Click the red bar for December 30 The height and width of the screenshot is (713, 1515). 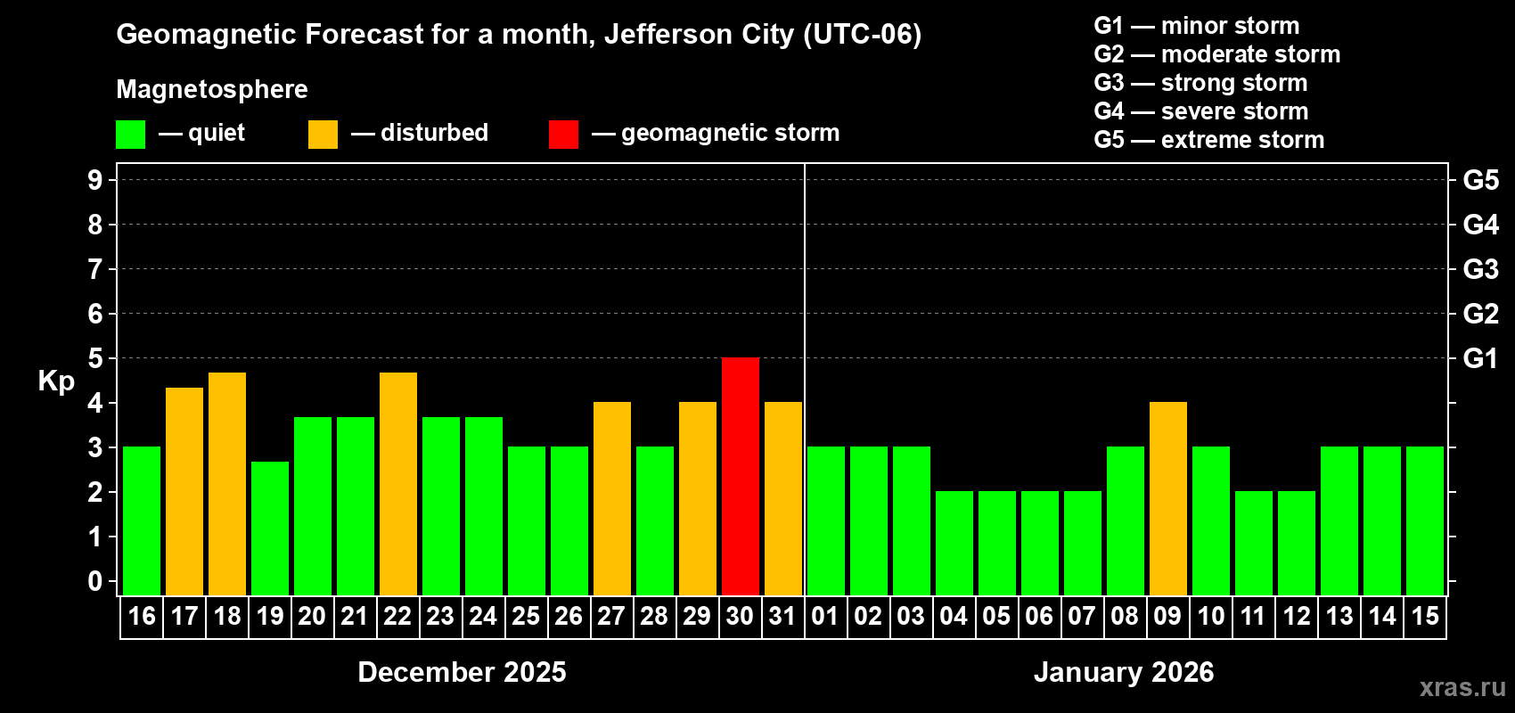point(740,477)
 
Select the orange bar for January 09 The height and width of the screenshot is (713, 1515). point(1167,499)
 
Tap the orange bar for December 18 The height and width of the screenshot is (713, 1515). point(227,484)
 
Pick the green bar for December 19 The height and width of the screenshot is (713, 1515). point(270,529)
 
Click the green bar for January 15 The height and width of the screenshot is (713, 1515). point(1424,521)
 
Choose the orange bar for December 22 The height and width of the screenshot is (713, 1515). point(398,484)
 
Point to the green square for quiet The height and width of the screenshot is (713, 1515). point(131,135)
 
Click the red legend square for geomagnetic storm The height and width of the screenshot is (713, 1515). point(563,135)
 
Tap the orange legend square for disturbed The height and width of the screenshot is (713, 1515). point(323,135)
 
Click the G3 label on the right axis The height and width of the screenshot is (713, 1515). point(1480,269)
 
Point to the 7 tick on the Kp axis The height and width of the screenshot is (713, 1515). point(95,269)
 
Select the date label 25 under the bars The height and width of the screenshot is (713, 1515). point(526,616)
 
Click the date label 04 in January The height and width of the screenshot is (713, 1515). point(953,616)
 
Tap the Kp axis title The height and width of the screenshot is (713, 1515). point(56,381)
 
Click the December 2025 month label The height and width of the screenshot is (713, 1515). point(462,672)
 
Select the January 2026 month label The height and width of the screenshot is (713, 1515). point(1123,672)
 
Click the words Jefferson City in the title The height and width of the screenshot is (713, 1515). point(699,34)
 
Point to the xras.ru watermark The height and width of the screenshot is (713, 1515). point(1462,687)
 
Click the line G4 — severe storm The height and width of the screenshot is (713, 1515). point(1200,111)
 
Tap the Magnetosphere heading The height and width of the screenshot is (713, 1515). point(212,89)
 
